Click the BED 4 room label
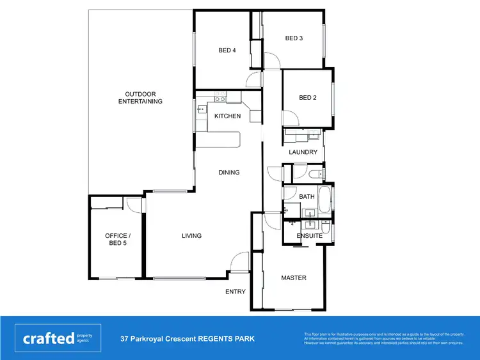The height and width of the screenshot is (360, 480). (x=227, y=51)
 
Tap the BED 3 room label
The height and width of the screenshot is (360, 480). (x=294, y=38)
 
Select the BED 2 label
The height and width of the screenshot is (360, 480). (x=308, y=98)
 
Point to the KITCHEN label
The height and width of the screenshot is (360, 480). (x=227, y=116)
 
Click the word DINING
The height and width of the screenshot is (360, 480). (x=228, y=172)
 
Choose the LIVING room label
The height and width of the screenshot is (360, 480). (x=191, y=236)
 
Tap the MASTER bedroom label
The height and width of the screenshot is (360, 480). (x=294, y=278)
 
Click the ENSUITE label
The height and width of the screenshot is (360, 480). (x=309, y=236)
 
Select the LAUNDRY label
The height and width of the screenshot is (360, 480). (x=303, y=152)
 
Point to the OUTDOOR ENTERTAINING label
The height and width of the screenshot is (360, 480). (x=140, y=98)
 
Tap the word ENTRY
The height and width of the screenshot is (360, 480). (x=235, y=292)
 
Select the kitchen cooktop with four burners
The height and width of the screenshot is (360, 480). (x=220, y=97)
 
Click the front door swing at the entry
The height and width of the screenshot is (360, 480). (x=240, y=262)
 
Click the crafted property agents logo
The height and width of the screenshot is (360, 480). (x=57, y=338)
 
